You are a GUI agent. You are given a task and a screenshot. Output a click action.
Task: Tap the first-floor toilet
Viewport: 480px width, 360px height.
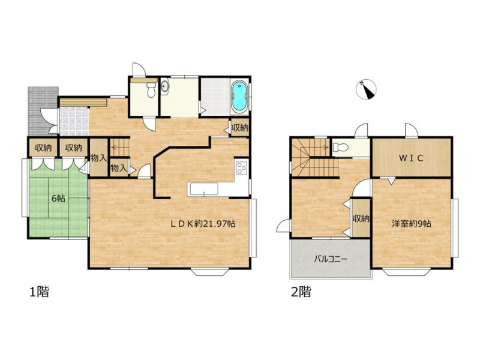151,90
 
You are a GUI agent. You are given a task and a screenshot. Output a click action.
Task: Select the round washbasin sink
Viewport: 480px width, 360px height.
165,86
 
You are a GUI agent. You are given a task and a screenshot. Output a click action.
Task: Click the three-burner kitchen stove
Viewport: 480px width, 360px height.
242,167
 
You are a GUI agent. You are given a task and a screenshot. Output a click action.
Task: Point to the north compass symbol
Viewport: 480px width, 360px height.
366,89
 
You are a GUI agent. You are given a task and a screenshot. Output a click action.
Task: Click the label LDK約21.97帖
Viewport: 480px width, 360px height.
203,224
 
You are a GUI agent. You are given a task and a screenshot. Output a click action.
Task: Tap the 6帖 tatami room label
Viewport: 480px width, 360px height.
58,199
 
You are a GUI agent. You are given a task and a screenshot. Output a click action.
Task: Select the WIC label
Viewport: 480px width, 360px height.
411,158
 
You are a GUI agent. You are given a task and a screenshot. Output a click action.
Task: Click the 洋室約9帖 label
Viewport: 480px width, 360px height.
412,224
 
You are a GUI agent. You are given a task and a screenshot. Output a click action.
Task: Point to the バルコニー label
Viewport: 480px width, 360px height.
331,260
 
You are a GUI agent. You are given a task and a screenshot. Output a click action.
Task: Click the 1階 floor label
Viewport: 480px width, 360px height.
39,292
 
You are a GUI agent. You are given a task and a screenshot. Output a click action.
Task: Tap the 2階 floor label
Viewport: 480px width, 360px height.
301,292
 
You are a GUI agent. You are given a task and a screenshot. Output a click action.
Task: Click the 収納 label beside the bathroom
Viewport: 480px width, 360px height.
239,128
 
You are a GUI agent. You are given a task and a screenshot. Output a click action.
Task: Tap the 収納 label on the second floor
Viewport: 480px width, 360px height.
361,218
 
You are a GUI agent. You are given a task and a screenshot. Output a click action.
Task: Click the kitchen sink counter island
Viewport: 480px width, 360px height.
203,189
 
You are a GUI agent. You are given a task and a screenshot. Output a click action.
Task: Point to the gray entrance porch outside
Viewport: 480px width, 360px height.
43,111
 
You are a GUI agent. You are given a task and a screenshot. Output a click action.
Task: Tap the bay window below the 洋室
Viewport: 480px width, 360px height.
407,272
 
